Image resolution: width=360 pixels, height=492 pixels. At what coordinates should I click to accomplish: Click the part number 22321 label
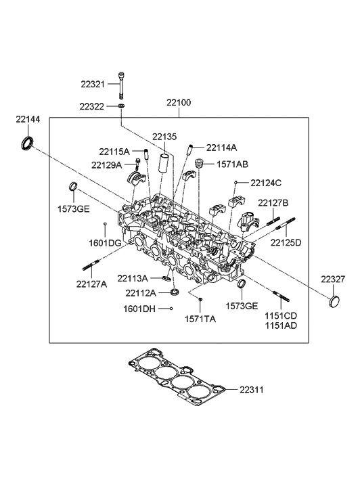pyautogui.click(x=93, y=84)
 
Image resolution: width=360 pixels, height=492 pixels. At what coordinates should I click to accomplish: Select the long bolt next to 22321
pyautogui.click(x=121, y=85)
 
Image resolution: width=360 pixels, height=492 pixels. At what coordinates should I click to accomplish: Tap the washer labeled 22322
pyautogui.click(x=121, y=106)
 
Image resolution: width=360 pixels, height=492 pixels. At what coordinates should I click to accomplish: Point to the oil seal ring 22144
pyautogui.click(x=26, y=143)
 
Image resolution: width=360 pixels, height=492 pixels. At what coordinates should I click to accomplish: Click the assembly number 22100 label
pyautogui.click(x=179, y=103)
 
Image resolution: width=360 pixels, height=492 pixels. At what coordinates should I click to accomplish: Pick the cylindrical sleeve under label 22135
pyautogui.click(x=165, y=163)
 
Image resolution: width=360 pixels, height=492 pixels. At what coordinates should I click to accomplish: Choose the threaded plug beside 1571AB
pyautogui.click(x=199, y=164)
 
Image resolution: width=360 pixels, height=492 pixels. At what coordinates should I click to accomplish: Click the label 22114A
pyautogui.click(x=221, y=147)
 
